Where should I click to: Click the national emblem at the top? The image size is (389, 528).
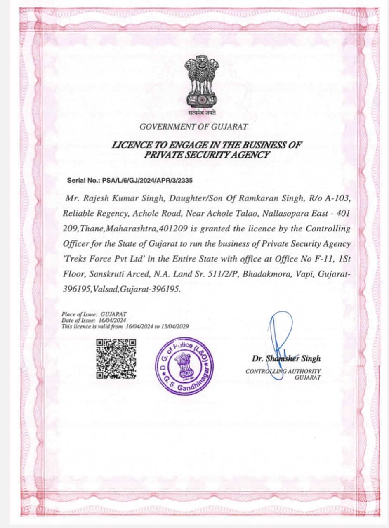[201, 82]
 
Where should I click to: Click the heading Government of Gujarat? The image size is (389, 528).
[194, 127]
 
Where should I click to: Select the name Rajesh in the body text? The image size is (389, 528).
[99, 198]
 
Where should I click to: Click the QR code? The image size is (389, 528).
[116, 359]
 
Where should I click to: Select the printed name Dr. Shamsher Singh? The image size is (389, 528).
[286, 358]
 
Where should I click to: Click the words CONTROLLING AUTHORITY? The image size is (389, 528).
[283, 371]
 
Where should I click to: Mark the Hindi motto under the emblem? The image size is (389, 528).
[202, 113]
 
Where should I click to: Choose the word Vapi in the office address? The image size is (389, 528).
[303, 274]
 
